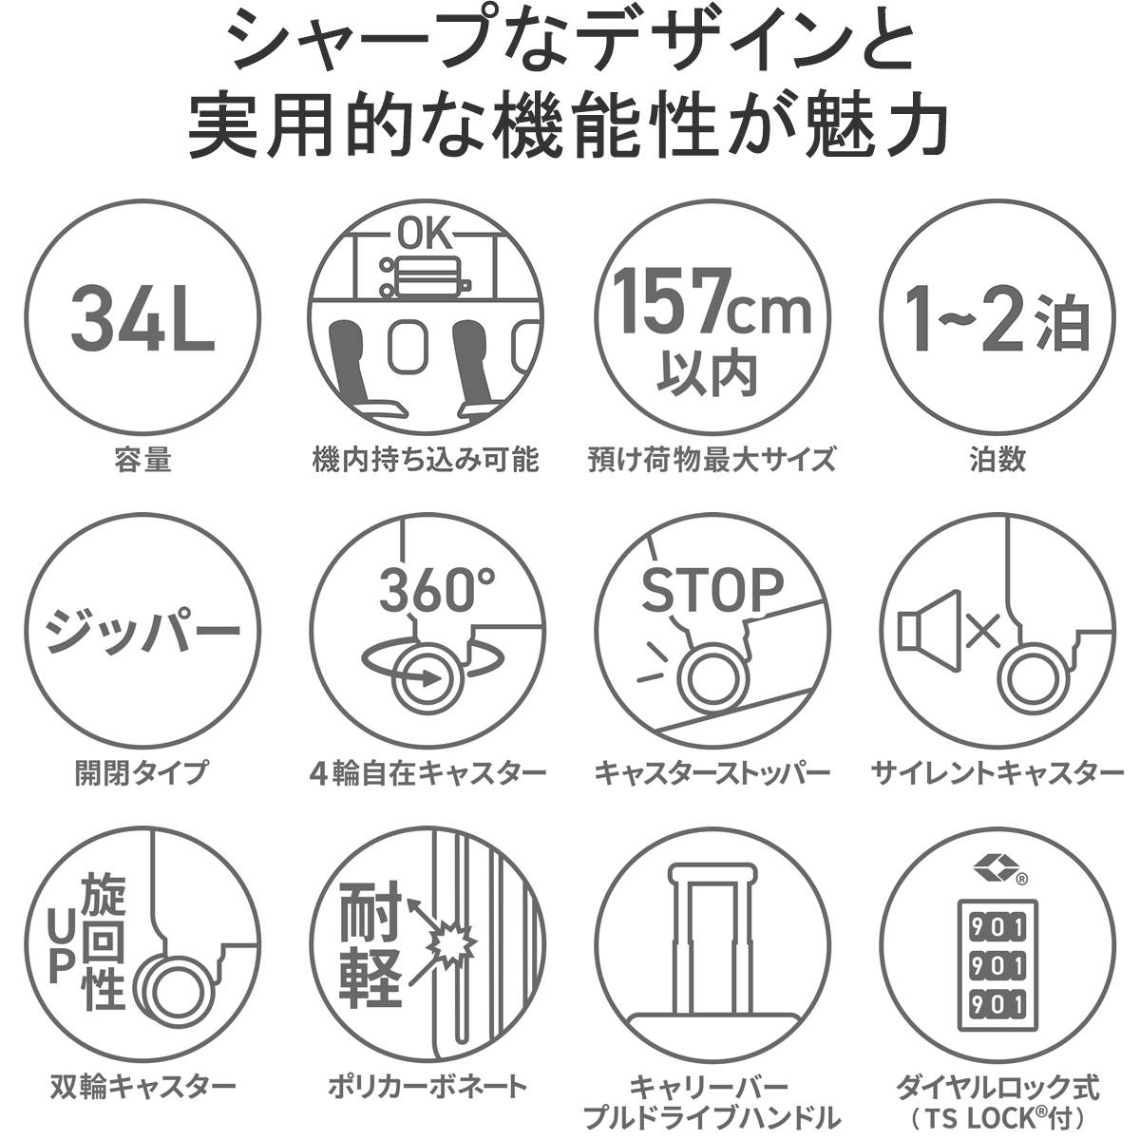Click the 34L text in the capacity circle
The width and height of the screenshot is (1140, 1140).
[x=142, y=315]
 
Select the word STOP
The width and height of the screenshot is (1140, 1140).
[x=712, y=592]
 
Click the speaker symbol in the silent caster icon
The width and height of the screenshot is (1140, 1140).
[x=919, y=628]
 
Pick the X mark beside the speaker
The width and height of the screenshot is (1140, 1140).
[x=982, y=629]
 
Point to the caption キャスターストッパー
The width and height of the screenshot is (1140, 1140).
[x=712, y=772]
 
